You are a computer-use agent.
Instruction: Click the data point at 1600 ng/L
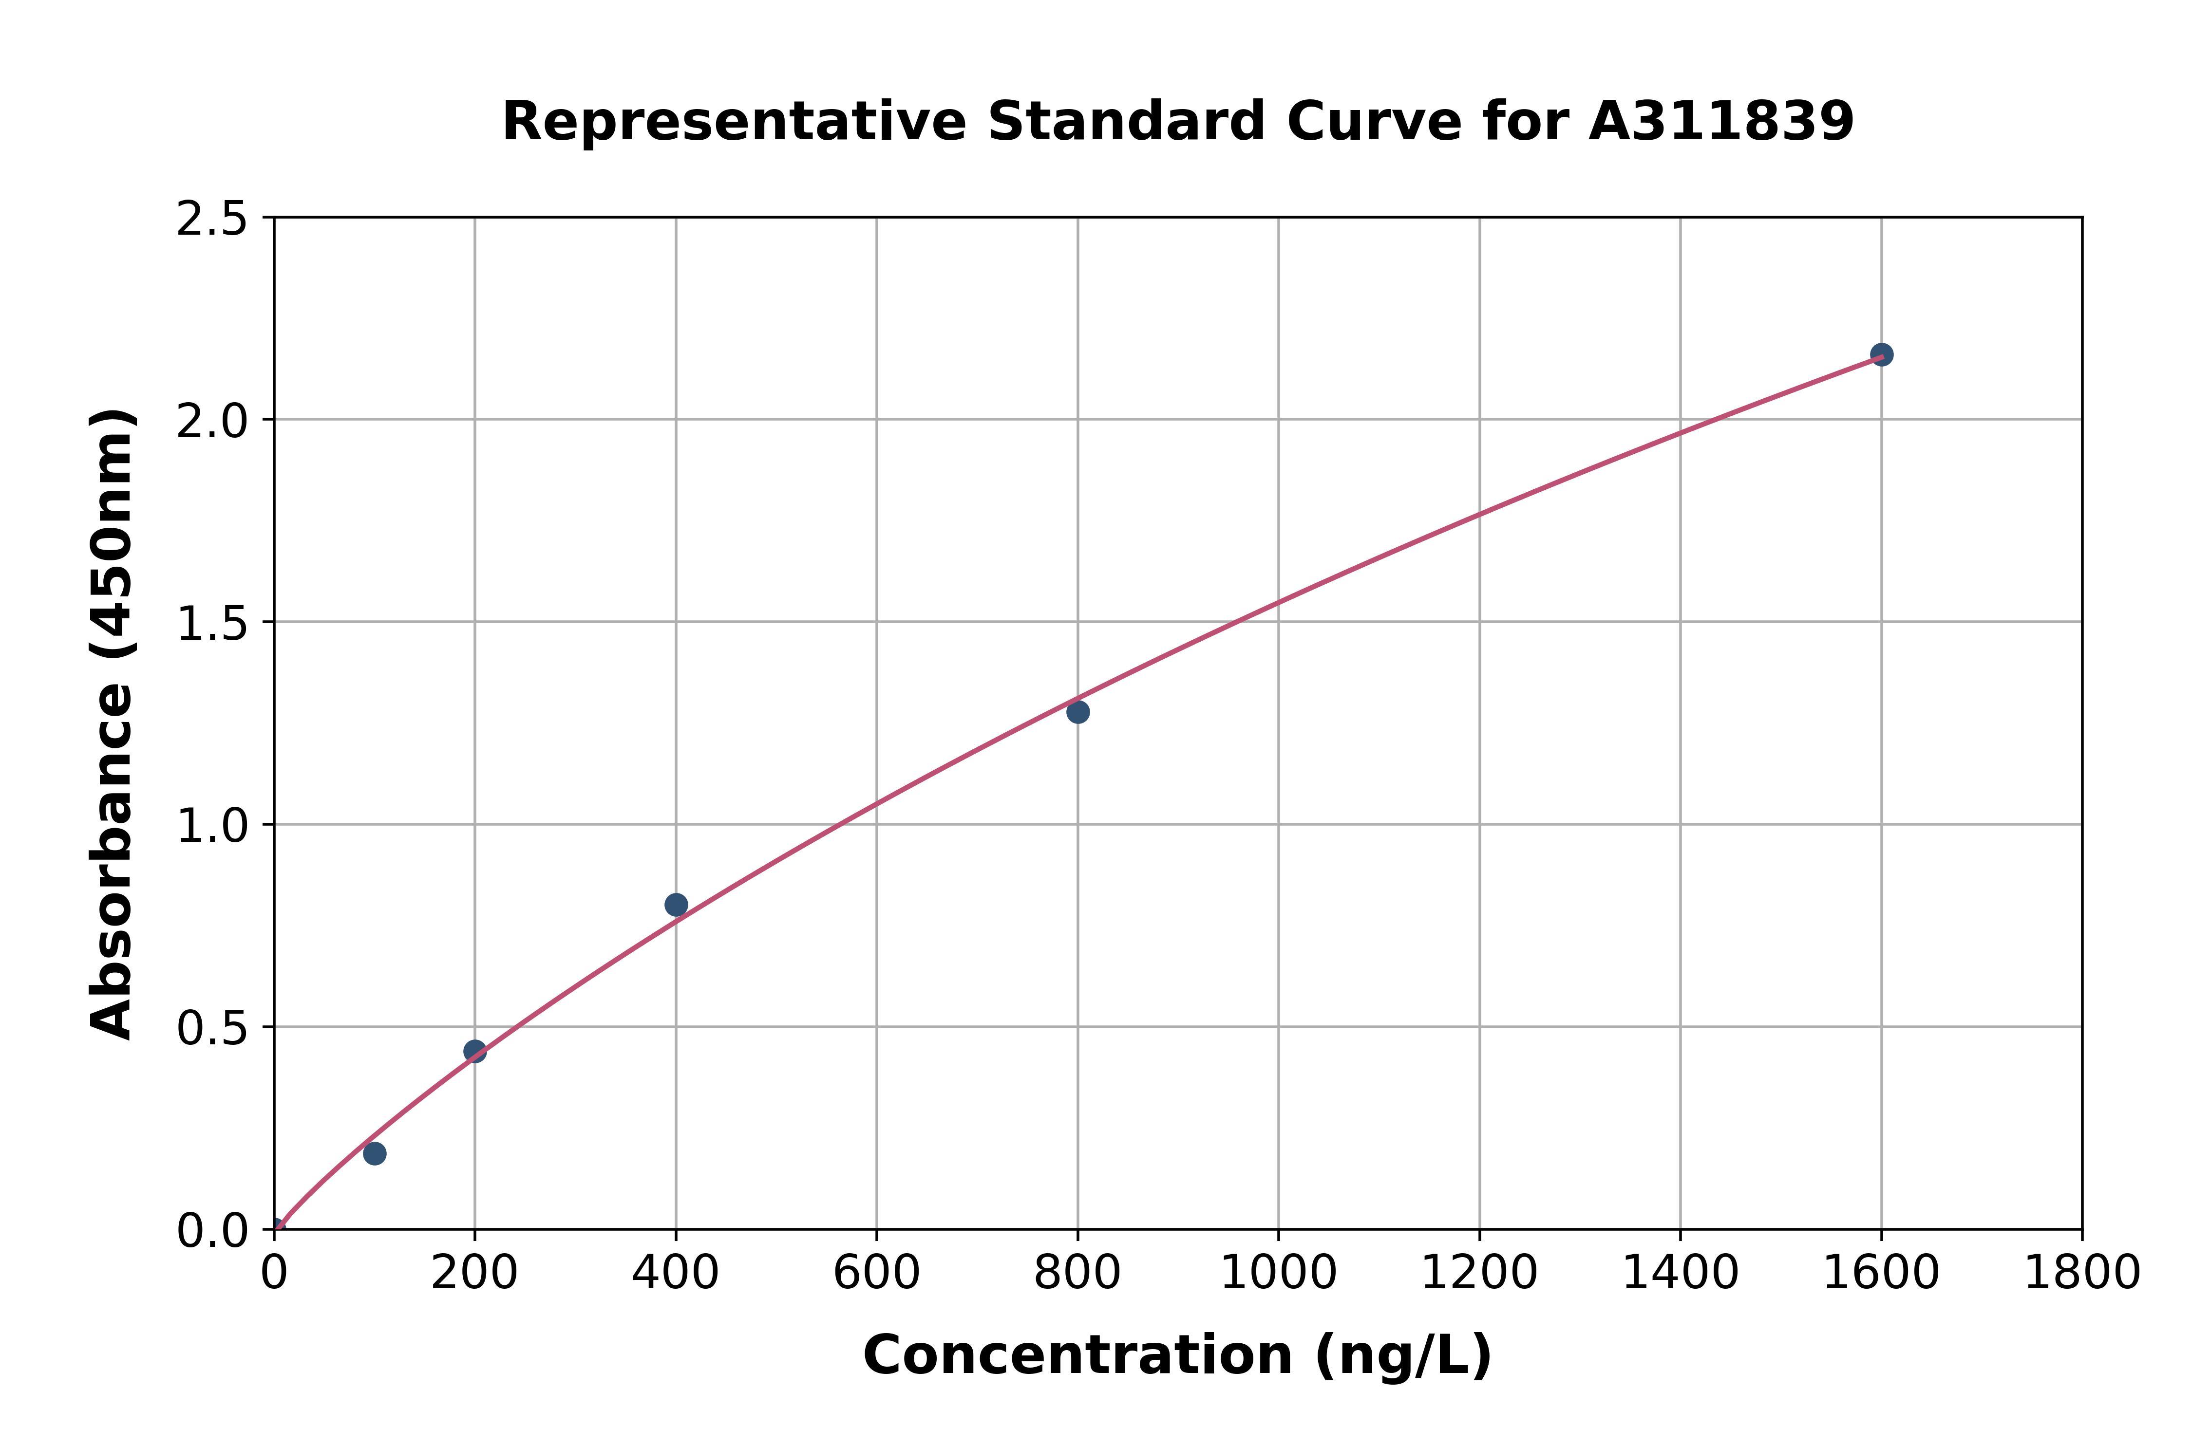(x=1881, y=355)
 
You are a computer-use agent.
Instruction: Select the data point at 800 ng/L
(x=1077, y=712)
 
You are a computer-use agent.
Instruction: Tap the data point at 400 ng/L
(x=676, y=905)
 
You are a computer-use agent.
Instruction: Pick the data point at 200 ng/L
(x=475, y=1051)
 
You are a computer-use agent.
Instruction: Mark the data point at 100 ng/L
(x=375, y=1154)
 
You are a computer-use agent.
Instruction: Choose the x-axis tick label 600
(x=876, y=1274)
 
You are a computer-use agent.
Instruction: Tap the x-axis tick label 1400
(x=1680, y=1274)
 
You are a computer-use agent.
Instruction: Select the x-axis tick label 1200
(x=1479, y=1274)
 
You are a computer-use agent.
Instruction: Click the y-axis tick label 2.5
(x=212, y=220)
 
